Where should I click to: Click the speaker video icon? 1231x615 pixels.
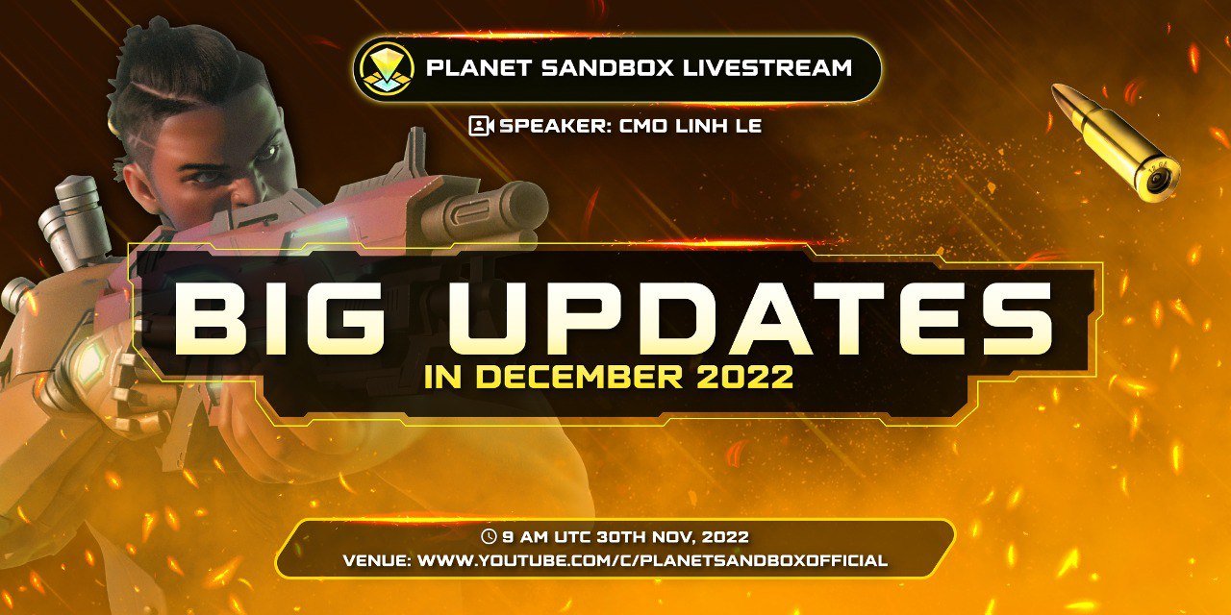(x=480, y=125)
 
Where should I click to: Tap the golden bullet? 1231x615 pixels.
(x=1116, y=141)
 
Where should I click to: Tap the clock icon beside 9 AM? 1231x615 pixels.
(x=490, y=537)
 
